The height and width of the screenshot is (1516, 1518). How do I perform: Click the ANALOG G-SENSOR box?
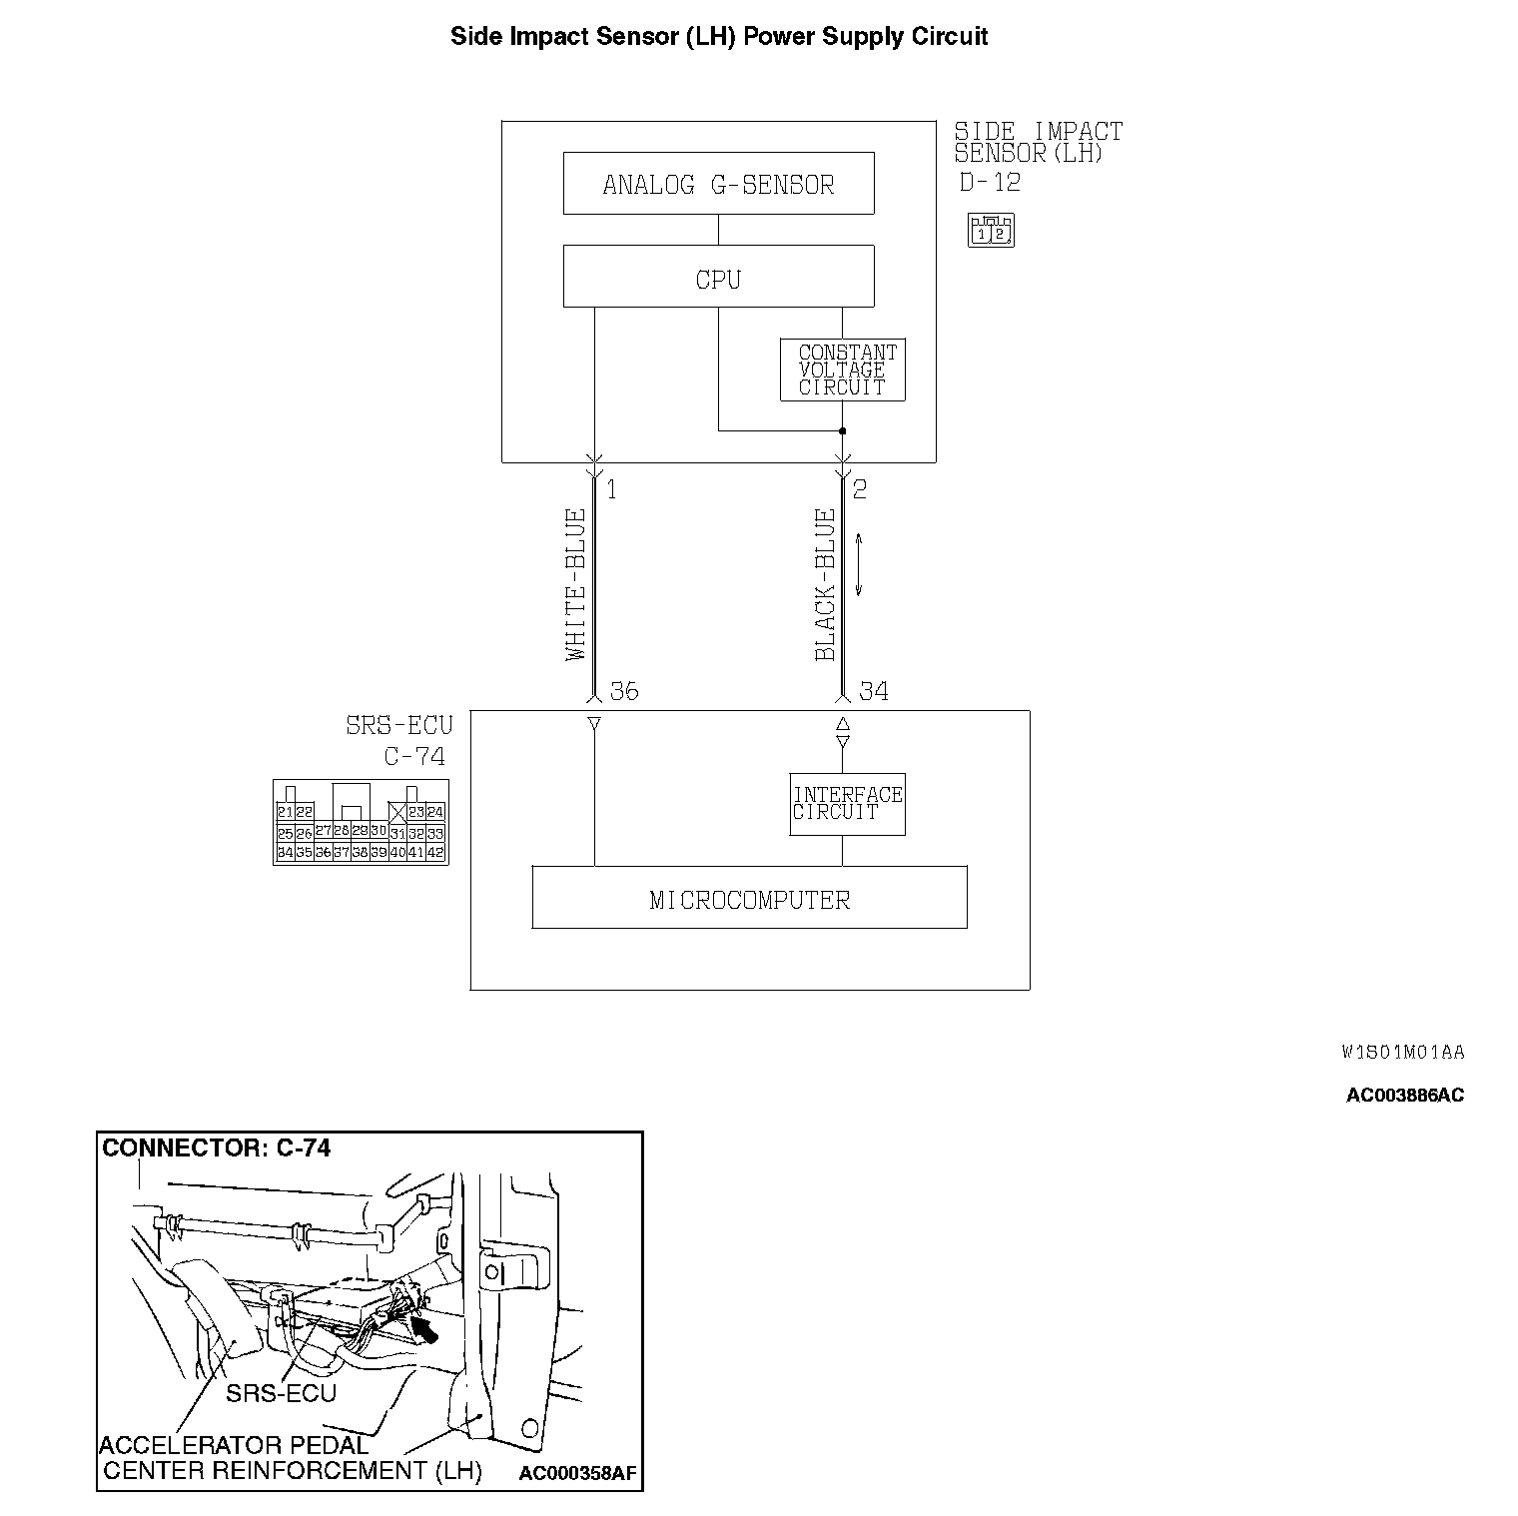(718, 184)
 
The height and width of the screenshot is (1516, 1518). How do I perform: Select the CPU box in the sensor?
(718, 277)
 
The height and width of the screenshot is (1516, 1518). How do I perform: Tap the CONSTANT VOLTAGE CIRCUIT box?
(842, 371)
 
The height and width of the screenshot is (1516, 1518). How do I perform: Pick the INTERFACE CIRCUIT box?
(847, 804)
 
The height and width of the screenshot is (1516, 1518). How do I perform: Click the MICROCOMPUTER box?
(749, 898)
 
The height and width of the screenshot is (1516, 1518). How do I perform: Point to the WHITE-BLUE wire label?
(575, 585)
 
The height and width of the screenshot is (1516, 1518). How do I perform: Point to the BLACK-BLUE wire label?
(825, 585)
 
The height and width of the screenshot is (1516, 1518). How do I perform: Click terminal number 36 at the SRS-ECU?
(624, 691)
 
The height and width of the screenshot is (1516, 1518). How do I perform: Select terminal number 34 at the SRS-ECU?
(874, 691)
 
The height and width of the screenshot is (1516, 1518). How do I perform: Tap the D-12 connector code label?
(990, 183)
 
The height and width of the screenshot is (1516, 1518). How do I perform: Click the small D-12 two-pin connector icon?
(991, 231)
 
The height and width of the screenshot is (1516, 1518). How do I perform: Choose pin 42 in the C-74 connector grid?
(435, 853)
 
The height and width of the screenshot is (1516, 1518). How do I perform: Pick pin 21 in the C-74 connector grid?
(285, 812)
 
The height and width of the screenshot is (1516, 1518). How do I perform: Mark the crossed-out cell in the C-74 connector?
(397, 812)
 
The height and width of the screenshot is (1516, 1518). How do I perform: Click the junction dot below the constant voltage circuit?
(842, 431)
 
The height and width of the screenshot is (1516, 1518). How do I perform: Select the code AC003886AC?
(1405, 1095)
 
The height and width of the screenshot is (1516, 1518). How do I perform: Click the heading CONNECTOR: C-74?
(217, 1147)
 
